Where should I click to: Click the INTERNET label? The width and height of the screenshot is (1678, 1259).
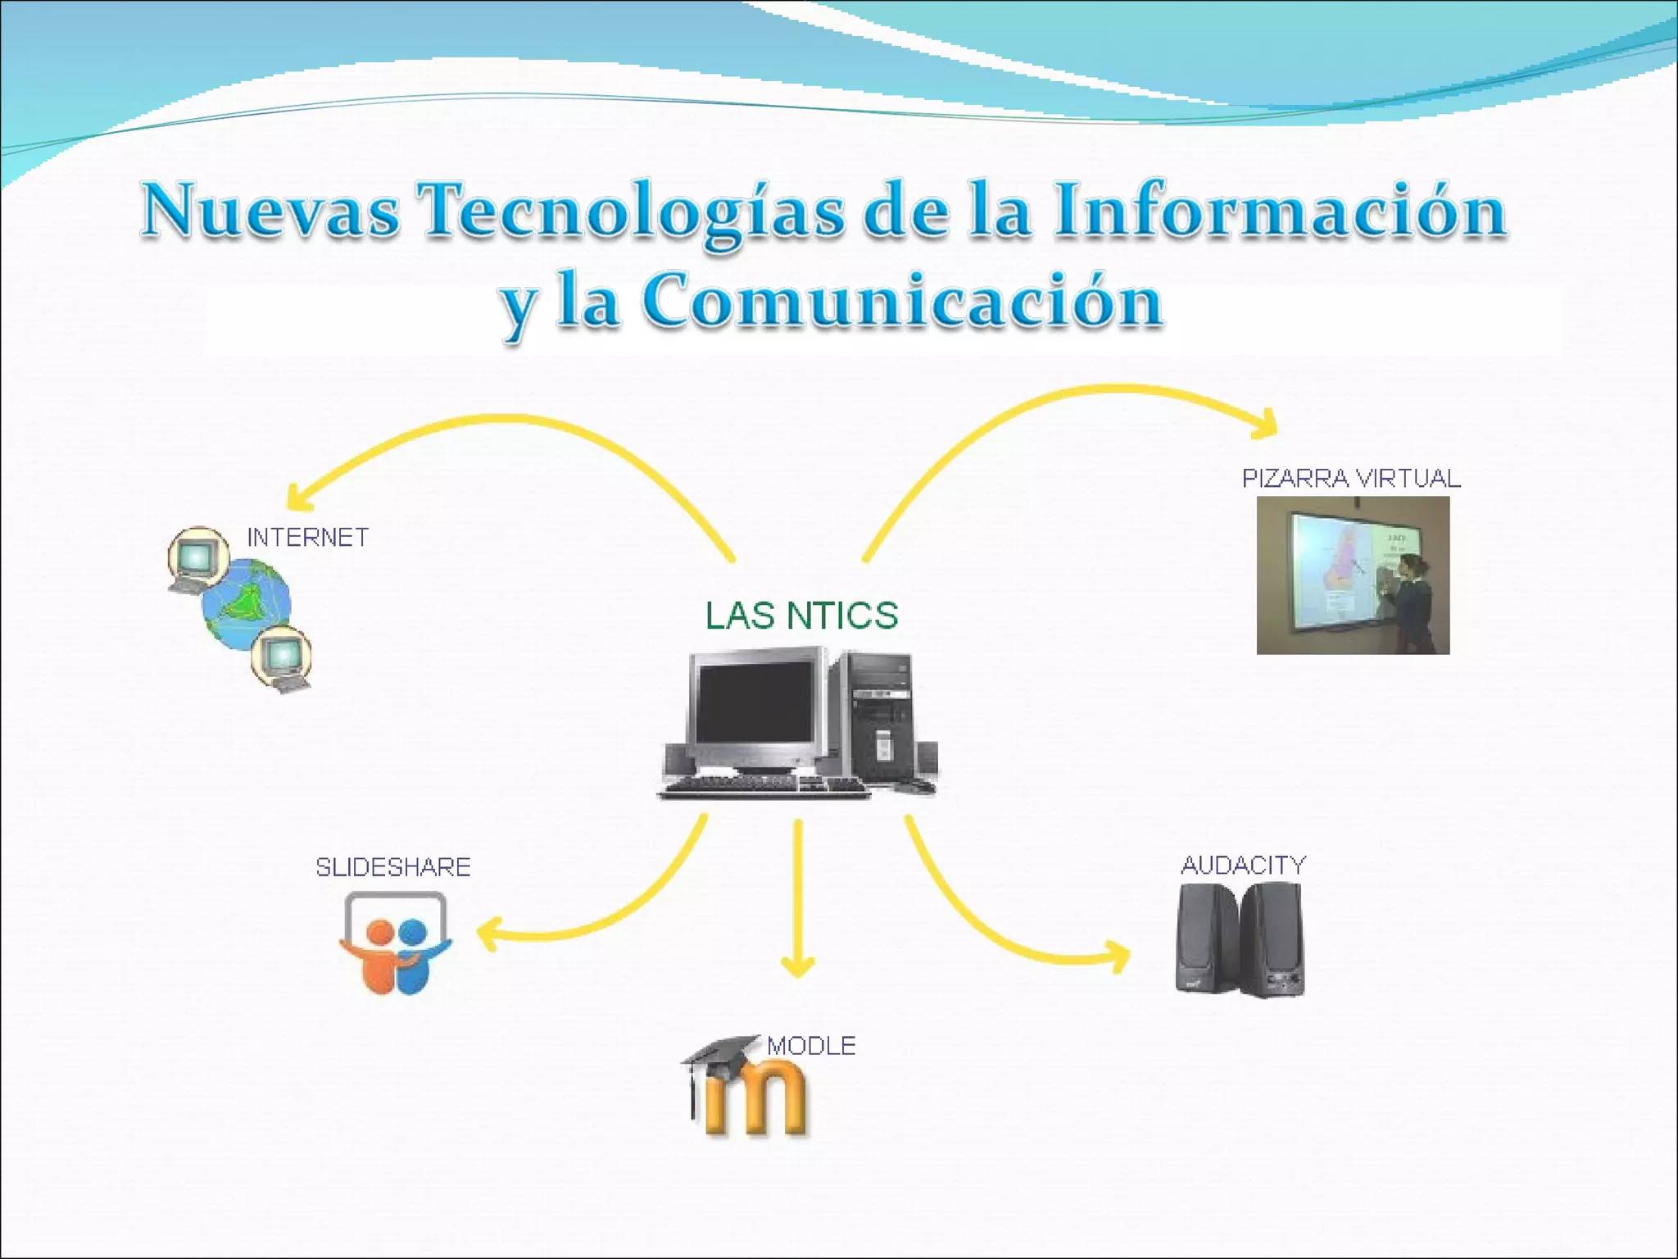pos(308,538)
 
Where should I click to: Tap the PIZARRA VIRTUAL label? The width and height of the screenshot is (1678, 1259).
pos(1351,479)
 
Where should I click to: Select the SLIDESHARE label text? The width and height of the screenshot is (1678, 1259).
pos(393,867)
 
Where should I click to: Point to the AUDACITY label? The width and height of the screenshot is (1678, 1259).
pos(1243,866)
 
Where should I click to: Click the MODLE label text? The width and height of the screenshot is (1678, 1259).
pos(811,1046)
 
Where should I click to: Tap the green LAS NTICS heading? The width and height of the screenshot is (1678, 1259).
pos(801,616)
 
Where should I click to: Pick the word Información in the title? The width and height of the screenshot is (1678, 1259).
pos(1280,211)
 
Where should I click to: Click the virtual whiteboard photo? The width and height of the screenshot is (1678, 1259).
pos(1353,575)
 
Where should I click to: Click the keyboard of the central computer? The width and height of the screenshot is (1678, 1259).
pos(765,787)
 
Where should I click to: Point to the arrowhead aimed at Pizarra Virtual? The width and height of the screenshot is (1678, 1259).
pos(1267,423)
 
